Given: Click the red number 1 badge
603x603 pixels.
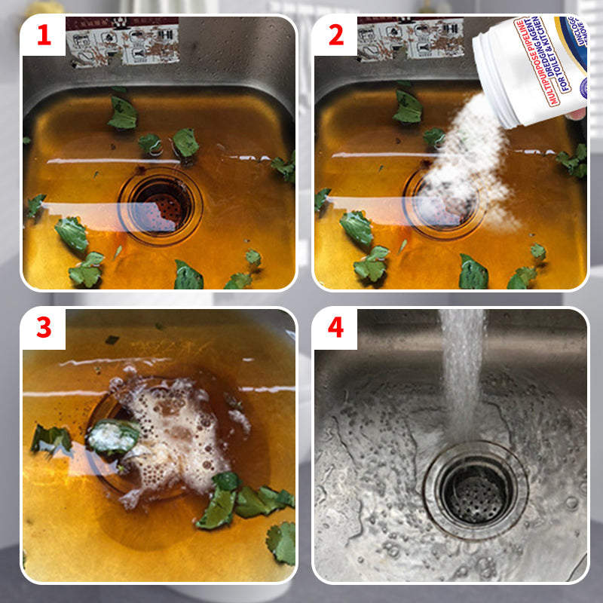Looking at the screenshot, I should tap(44, 35).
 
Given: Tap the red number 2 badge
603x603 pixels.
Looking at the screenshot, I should tap(335, 35).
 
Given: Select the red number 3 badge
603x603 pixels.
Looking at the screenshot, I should tap(44, 329).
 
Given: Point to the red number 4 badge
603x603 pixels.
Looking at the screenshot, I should tap(335, 329).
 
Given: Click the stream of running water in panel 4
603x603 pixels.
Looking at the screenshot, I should tap(461, 369).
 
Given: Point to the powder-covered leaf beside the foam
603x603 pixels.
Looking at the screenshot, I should tap(113, 436).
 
